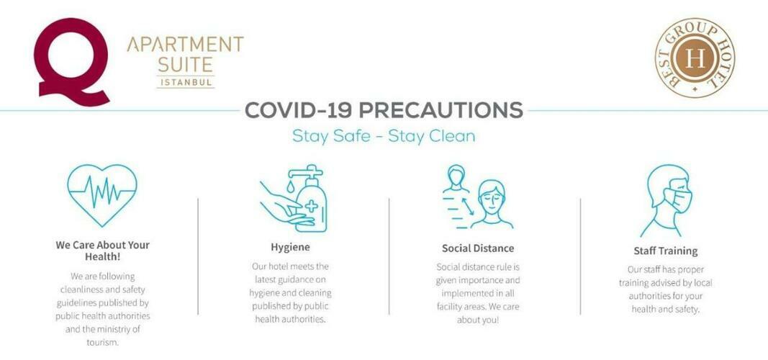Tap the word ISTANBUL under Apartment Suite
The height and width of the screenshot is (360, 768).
click(x=186, y=82)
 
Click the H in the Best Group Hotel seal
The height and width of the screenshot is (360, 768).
click(x=695, y=58)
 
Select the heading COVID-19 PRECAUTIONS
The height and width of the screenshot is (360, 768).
click(x=384, y=110)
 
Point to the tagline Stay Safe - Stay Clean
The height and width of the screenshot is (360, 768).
click(x=384, y=135)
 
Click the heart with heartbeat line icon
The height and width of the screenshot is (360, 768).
click(x=102, y=195)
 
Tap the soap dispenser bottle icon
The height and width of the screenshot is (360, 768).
click(x=310, y=199)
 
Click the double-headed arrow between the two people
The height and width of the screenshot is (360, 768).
click(x=467, y=205)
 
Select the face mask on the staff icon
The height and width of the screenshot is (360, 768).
click(x=678, y=199)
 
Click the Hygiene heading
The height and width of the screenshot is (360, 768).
click(x=290, y=248)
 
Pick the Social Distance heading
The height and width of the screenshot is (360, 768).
click(x=477, y=248)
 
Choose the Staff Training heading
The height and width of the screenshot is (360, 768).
click(x=665, y=251)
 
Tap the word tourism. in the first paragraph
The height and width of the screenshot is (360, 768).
click(x=102, y=343)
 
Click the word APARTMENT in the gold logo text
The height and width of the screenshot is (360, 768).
click(x=185, y=45)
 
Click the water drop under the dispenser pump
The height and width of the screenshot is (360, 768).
click(x=291, y=186)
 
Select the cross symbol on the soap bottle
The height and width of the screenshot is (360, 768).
click(x=311, y=206)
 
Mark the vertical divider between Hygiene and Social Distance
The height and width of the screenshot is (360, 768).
click(x=389, y=256)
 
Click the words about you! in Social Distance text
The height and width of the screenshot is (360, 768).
click(x=477, y=320)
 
